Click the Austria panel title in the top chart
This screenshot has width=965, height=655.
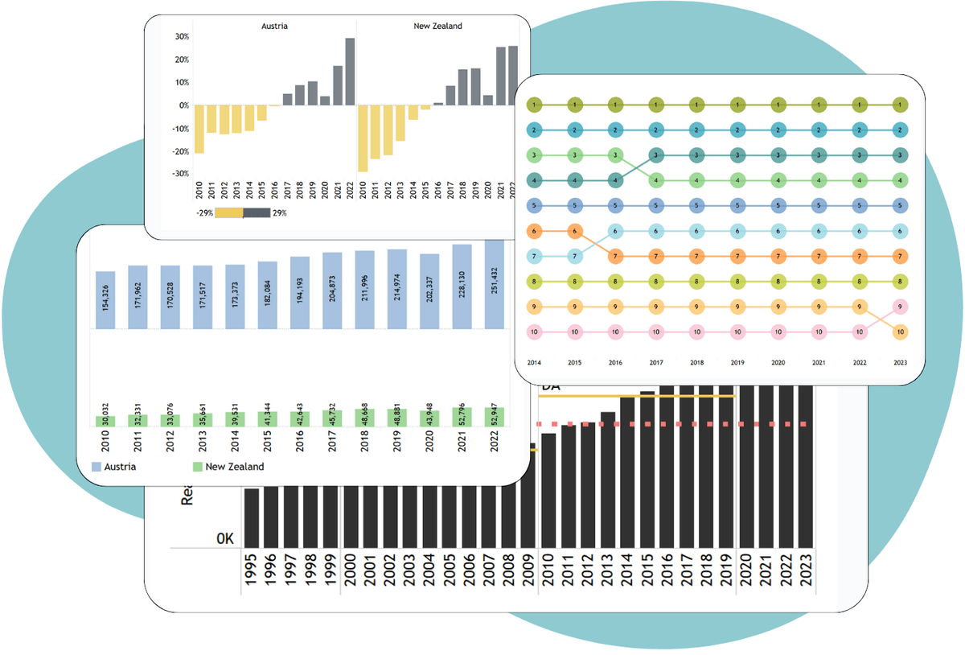[274, 26]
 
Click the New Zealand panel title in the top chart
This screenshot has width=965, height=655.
[437, 26]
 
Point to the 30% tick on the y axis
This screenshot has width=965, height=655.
[182, 37]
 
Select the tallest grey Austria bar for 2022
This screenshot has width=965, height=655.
[350, 71]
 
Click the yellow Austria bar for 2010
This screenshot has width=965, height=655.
[199, 129]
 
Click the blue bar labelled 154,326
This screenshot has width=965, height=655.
[105, 299]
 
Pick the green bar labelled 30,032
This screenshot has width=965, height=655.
[105, 421]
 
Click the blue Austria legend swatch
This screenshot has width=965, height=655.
[96, 467]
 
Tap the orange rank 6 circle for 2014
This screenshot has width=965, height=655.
[535, 231]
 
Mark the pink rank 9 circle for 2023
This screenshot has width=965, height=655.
[901, 307]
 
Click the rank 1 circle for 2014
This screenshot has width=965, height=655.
[535, 105]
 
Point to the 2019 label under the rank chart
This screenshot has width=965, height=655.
[737, 363]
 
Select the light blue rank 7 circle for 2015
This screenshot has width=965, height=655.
[575, 256]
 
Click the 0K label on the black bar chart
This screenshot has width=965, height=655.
[225, 538]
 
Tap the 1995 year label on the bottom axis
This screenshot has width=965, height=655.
[252, 573]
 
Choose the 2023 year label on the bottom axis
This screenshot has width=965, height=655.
[805, 573]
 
